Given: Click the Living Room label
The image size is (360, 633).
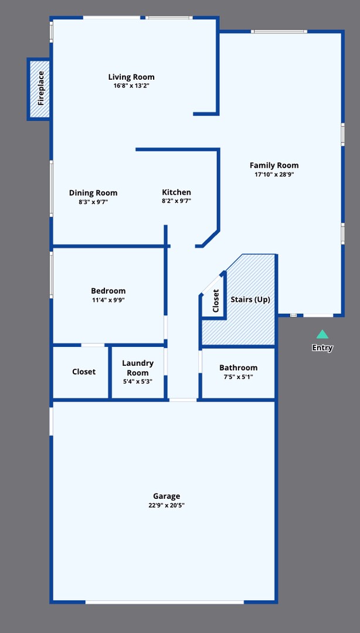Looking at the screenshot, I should [131, 77].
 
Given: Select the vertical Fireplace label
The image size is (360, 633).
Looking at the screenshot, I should [41, 88].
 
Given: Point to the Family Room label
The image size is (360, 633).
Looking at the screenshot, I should [274, 165].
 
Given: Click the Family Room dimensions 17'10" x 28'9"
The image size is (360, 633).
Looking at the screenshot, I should [274, 175].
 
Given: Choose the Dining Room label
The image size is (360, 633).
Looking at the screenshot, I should [93, 193].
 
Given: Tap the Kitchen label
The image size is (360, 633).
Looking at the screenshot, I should [176, 192].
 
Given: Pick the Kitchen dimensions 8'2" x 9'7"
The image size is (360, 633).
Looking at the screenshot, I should [176, 201].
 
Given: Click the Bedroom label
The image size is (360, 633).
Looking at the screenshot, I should [108, 291].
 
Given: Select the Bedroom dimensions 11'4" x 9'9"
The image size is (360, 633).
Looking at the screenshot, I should [108, 300].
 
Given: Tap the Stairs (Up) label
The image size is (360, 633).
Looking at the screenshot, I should [250, 300].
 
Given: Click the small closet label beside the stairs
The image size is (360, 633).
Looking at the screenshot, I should [216, 301].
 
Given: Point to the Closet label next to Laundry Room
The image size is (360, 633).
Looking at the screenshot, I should [84, 372].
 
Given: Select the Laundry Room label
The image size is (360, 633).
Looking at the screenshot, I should [138, 368].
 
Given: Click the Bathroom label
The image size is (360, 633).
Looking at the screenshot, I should [238, 367].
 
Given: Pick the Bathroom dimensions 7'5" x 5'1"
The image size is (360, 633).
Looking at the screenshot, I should [238, 377].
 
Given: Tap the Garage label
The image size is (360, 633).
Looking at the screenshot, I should [167, 496].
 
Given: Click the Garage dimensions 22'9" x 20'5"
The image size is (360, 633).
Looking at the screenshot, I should [167, 505].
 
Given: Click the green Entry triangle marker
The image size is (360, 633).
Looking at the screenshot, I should [322, 335].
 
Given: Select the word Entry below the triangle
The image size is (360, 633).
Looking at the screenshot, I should [322, 348].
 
